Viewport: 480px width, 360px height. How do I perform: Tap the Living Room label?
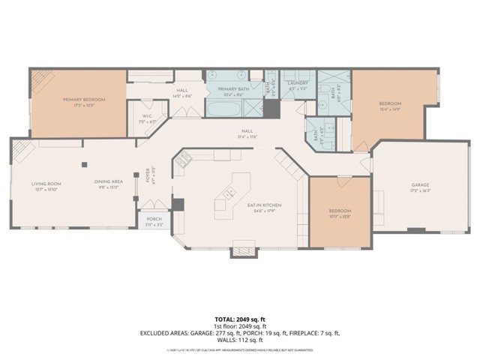point(46,184)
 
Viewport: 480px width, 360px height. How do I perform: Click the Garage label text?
point(419,184)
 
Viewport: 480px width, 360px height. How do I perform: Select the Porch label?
point(154,219)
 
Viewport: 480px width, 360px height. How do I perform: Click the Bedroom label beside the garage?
point(340,213)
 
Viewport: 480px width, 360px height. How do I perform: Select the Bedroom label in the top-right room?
point(389,103)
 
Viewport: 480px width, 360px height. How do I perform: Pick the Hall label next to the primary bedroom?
point(182,91)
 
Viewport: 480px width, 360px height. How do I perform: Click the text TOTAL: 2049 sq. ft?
point(240,319)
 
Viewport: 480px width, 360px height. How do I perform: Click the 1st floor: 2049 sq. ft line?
point(240,326)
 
